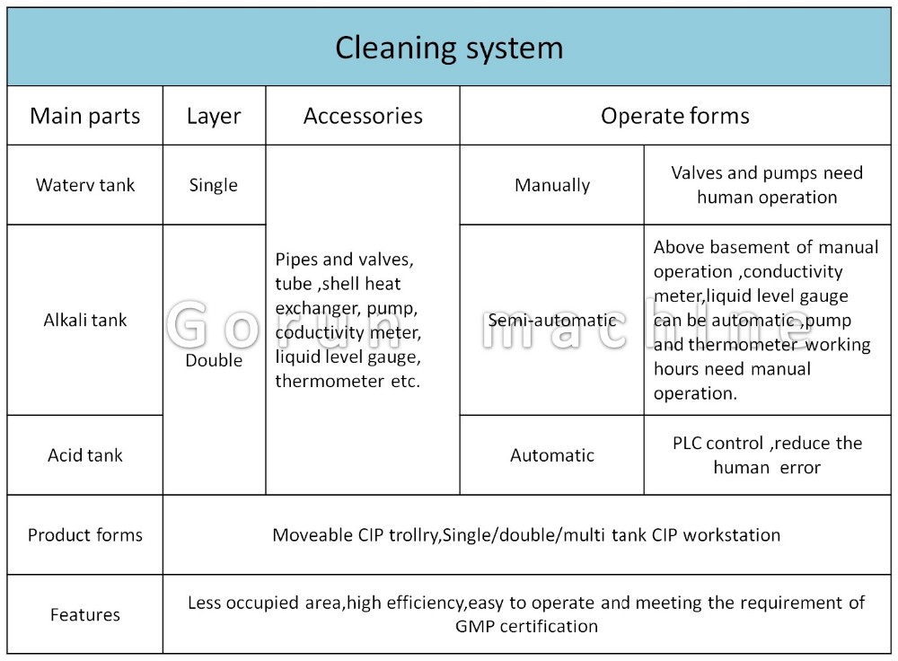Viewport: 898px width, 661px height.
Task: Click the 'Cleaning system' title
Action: click(449, 48)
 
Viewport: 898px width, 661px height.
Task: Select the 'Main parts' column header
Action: click(84, 116)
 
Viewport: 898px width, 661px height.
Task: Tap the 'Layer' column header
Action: click(214, 117)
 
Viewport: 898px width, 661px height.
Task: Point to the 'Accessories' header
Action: click(363, 116)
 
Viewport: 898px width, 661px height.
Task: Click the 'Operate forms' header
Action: click(674, 117)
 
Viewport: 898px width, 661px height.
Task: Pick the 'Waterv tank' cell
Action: click(84, 185)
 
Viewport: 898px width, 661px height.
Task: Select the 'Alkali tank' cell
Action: click(84, 320)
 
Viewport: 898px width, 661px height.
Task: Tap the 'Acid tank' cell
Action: click(84, 455)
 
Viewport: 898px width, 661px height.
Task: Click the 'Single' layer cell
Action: click(213, 186)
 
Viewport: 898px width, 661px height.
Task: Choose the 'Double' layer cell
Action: click(214, 360)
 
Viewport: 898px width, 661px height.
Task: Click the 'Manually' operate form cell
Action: click(552, 186)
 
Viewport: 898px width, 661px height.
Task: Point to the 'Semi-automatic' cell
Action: click(552, 321)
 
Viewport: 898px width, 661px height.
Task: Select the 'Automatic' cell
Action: click(552, 455)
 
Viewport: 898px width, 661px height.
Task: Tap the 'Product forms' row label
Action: click(84, 535)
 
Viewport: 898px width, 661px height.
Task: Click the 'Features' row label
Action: click(84, 614)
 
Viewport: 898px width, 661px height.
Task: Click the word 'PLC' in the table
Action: click(686, 444)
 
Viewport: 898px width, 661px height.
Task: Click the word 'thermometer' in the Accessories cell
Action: click(330, 381)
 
